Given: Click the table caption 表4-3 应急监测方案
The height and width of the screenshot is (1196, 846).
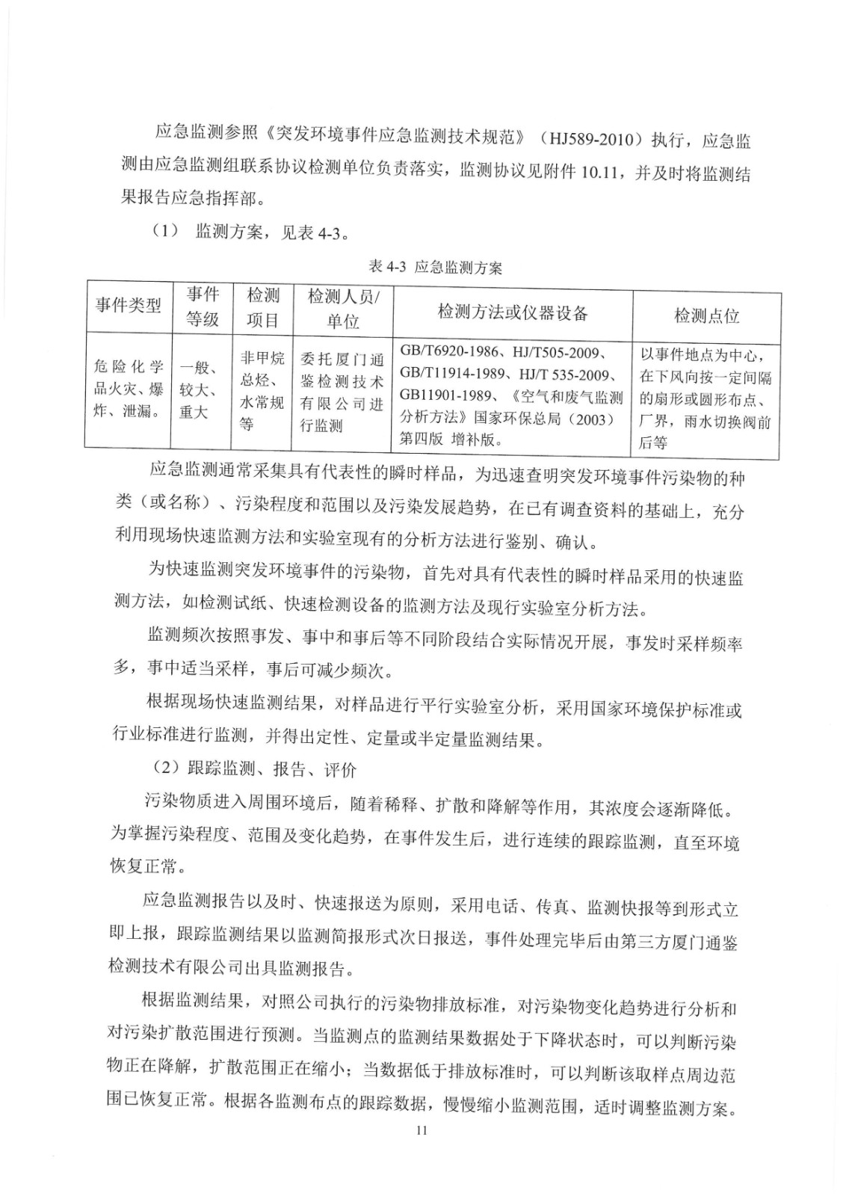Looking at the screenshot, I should pyautogui.click(x=435, y=268).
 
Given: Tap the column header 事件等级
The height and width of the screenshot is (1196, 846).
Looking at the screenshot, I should pyautogui.click(x=203, y=306).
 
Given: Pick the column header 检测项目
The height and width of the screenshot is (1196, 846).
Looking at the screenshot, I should pyautogui.click(x=262, y=307).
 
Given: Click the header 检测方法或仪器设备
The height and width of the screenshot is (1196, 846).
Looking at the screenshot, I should pyautogui.click(x=513, y=312).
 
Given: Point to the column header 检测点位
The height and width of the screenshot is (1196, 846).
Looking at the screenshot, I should pyautogui.click(x=706, y=315).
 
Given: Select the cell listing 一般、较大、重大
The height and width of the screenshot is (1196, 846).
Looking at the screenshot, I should pyautogui.click(x=199, y=389).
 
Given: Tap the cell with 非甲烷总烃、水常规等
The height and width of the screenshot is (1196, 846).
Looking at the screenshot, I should pyautogui.click(x=262, y=391).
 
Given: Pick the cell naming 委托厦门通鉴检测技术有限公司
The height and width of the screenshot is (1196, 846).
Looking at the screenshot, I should pyautogui.click(x=342, y=392).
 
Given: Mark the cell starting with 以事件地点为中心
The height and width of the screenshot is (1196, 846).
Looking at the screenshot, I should pyautogui.click(x=706, y=397).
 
